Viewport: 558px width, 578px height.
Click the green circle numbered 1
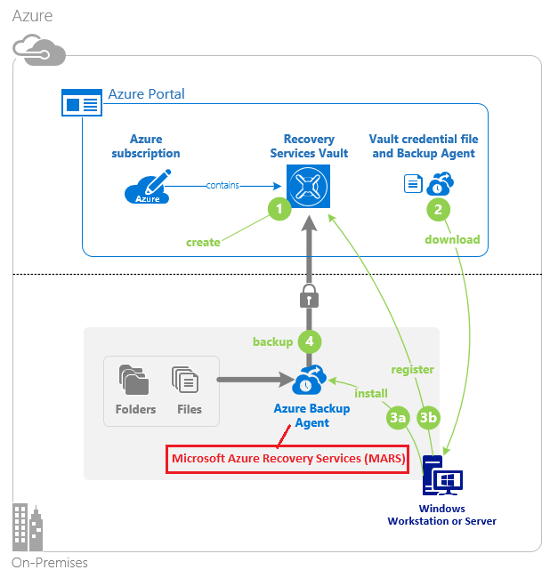click(279, 210)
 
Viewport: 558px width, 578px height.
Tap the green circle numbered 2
click(438, 210)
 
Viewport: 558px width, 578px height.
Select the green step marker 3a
click(398, 416)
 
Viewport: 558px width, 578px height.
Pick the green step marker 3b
click(429, 416)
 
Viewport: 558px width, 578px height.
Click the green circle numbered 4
click(309, 341)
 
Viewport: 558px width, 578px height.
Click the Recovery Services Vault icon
click(309, 186)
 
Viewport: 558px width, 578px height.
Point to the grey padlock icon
click(309, 297)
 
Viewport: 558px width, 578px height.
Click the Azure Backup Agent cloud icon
click(309, 381)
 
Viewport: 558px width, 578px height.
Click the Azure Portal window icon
click(82, 104)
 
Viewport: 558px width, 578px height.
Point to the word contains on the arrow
click(222, 185)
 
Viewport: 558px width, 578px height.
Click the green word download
click(452, 239)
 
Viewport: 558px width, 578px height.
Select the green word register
click(412, 369)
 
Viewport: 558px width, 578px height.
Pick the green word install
click(371, 392)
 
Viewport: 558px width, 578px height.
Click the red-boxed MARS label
click(287, 460)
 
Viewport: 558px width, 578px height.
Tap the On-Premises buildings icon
click(28, 529)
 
